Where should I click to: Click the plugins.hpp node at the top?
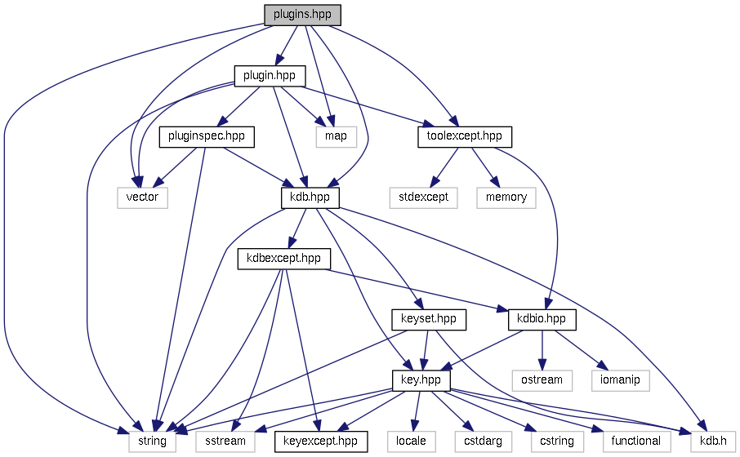[301, 15]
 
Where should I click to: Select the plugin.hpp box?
[270, 76]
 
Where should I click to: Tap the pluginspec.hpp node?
[207, 136]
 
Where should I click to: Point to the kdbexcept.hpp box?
[283, 259]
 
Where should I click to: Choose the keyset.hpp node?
[429, 319]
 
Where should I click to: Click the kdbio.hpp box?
[542, 319]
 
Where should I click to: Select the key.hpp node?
[421, 380]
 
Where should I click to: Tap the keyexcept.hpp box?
[320, 441]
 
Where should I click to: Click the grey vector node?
[142, 197]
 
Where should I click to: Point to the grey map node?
[336, 136]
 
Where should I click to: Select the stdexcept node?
[424, 197]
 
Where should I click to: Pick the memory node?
[506, 197]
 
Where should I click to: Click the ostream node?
[542, 380]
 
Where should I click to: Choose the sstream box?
[225, 441]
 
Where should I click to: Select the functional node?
[636, 441]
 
